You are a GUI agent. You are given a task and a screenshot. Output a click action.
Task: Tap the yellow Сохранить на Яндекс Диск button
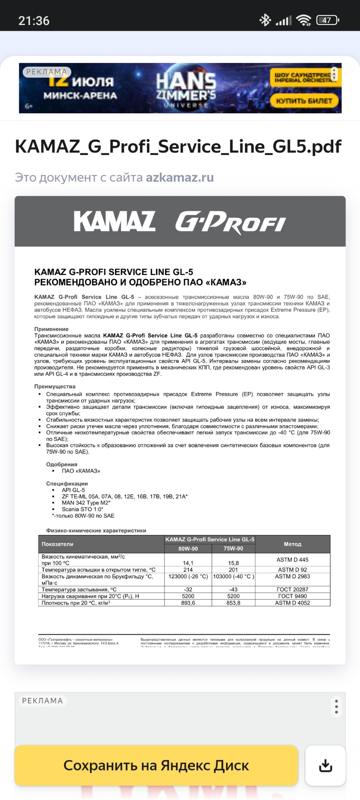tap(156, 765)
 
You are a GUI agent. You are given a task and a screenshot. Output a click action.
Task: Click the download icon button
tap(325, 765)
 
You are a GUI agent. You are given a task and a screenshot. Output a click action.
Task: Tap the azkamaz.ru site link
tap(180, 177)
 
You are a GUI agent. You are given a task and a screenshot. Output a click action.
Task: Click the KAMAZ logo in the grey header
tap(115, 221)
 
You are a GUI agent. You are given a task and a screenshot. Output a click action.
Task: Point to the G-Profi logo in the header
tap(230, 222)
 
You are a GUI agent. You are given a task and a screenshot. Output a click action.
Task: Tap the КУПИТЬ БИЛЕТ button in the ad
tap(305, 100)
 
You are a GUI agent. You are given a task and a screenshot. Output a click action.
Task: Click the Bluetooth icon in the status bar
tap(265, 20)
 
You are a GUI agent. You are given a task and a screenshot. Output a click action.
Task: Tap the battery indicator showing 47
tap(327, 20)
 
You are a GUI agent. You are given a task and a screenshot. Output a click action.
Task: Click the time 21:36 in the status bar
tap(34, 20)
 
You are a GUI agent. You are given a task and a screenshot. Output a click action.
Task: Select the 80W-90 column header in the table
tap(188, 549)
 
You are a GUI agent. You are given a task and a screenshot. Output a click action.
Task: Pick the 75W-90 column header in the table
tap(233, 549)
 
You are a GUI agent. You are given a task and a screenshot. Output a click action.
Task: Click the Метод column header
tap(292, 544)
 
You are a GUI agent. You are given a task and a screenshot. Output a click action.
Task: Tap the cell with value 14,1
tap(188, 563)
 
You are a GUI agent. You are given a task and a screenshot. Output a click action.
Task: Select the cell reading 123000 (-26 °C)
tap(188, 577)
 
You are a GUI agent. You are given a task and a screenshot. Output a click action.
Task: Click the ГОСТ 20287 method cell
tap(292, 590)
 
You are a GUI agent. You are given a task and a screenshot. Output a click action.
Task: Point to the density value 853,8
tap(233, 603)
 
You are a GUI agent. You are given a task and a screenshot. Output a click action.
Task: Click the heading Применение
tap(51, 329)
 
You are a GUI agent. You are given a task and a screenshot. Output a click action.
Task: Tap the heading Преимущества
tap(55, 387)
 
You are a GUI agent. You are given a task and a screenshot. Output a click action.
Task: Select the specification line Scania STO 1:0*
tap(82, 509)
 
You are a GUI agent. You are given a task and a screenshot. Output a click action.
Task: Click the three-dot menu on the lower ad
tap(336, 706)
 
